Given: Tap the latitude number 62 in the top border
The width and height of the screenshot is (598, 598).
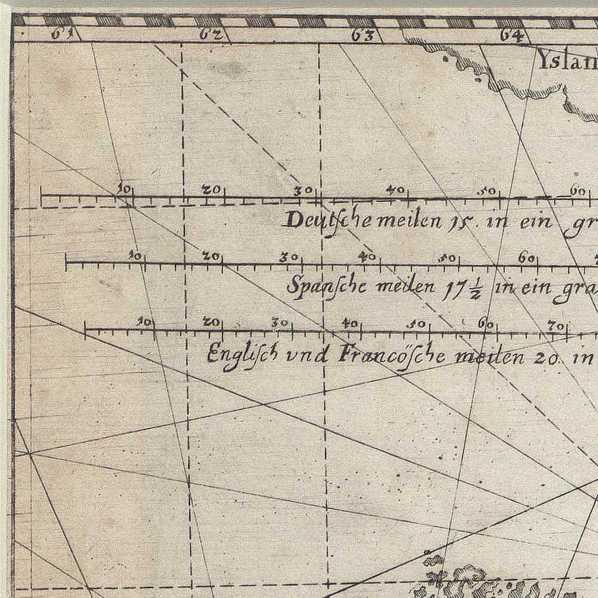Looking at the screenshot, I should pos(209,35).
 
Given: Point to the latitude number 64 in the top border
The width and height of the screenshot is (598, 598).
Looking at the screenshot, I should pos(512,36).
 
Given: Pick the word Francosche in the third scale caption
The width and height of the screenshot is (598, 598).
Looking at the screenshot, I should pos(392,356).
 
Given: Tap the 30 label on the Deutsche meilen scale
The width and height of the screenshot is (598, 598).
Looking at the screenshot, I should pos(303,191).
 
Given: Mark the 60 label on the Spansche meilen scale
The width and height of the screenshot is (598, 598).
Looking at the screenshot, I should pos(527,258).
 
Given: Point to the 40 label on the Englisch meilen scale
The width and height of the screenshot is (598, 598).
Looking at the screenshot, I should pos(350,323).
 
